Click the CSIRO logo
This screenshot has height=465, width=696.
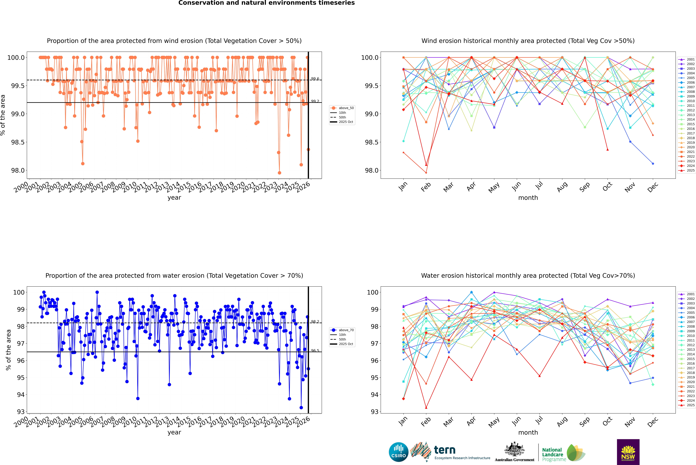[x=398, y=452]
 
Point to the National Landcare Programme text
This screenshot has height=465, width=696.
[x=552, y=454]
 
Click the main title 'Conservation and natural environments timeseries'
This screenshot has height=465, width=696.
[x=266, y=3]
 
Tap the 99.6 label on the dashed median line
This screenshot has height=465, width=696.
[x=315, y=79]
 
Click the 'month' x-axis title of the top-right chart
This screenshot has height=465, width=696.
[x=528, y=198]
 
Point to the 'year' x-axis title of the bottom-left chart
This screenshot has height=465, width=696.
[x=174, y=432]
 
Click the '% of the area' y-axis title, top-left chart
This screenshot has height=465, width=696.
[x=3, y=115]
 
